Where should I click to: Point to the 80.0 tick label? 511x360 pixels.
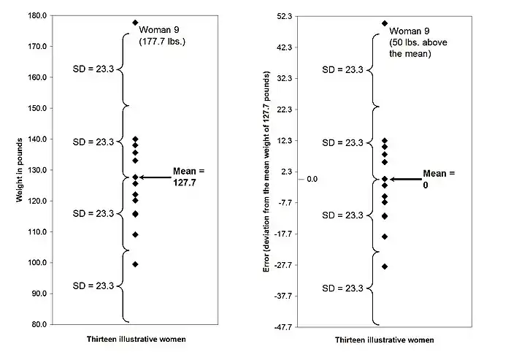(x=36, y=324)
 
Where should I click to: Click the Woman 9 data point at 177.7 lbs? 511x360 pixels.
(x=135, y=23)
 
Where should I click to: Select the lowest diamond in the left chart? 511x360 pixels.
(x=135, y=264)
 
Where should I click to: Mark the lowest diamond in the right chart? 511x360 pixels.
(x=385, y=267)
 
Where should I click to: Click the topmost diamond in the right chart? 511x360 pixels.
(x=385, y=23)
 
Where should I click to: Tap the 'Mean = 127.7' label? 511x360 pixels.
(x=189, y=177)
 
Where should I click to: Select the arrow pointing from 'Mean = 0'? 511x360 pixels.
(x=405, y=179)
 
